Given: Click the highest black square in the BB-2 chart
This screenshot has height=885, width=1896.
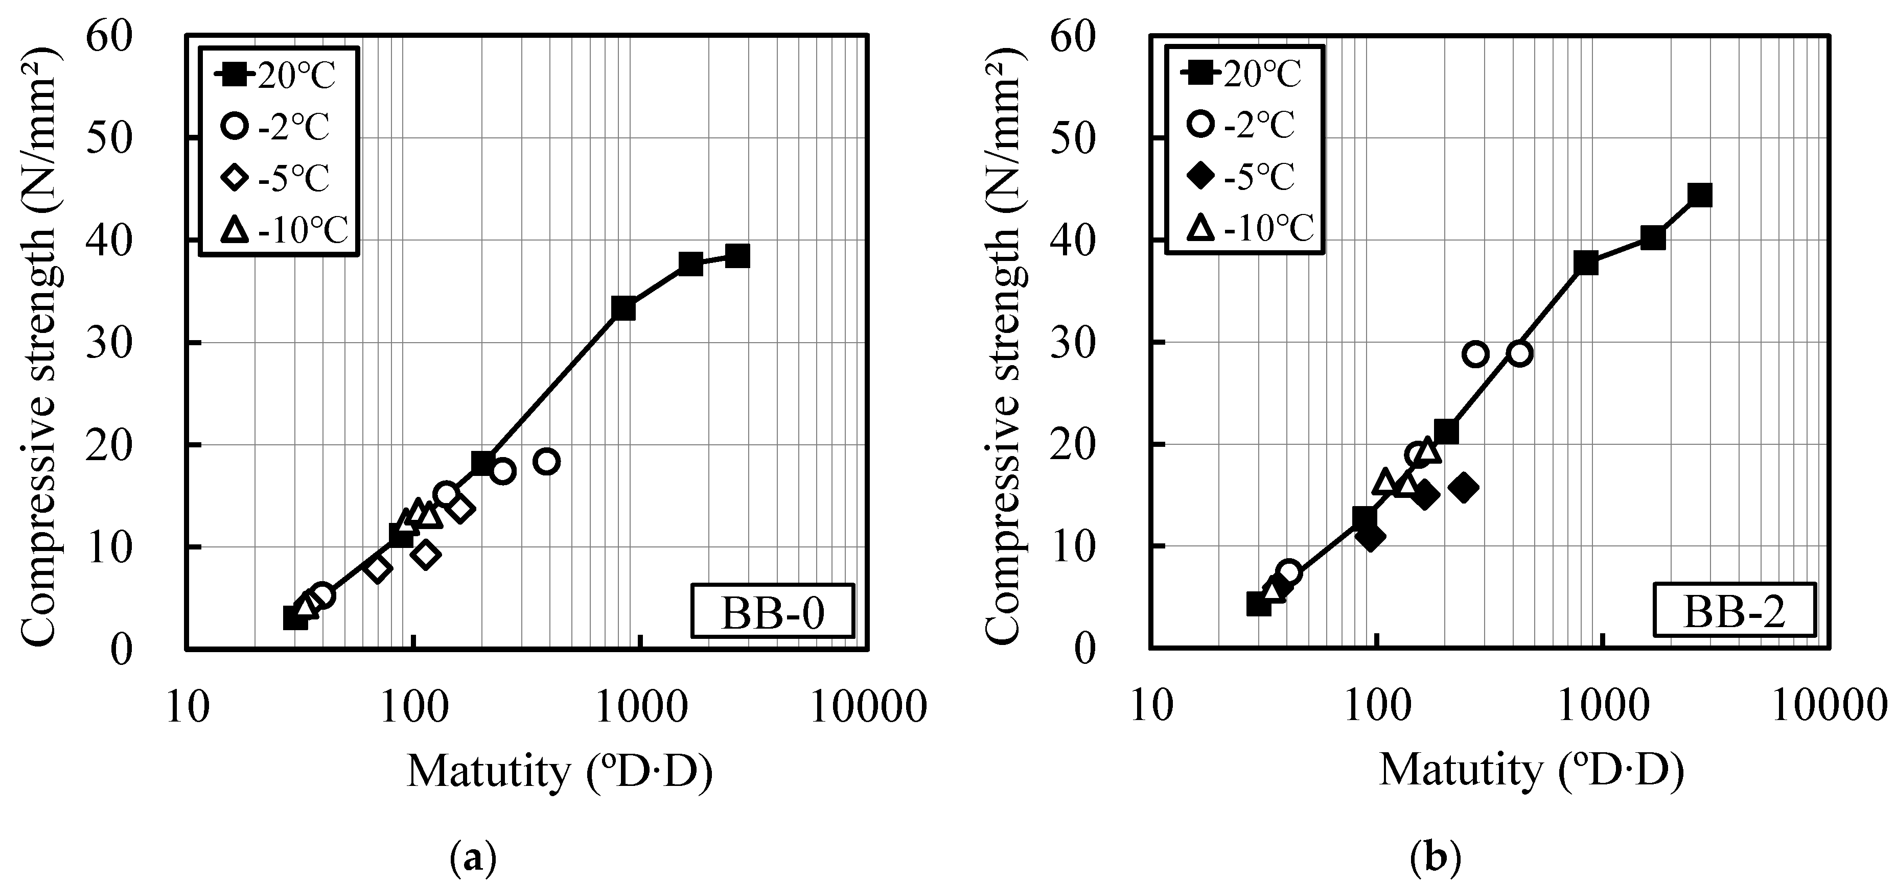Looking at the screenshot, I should (1699, 195).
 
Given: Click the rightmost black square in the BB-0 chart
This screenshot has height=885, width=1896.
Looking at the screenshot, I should (737, 256).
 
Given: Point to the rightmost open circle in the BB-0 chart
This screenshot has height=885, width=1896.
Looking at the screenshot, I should (547, 461).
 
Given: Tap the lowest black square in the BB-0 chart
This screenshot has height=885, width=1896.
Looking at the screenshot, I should (295, 618).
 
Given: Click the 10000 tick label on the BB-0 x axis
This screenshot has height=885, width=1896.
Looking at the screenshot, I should (868, 707).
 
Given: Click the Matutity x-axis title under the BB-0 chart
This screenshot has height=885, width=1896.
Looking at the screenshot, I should (560, 773).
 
